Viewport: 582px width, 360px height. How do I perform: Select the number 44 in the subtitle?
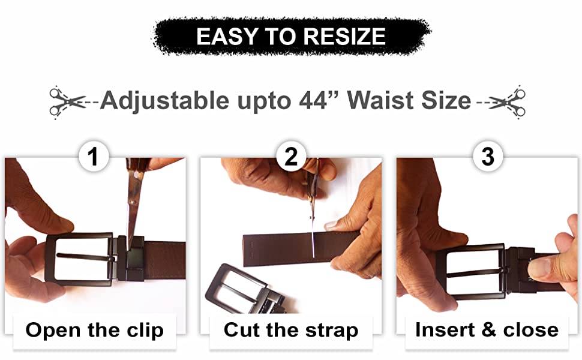pyautogui.click(x=313, y=100)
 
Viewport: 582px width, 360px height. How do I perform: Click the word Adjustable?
pyautogui.click(x=164, y=101)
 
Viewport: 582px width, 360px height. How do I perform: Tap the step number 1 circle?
pyautogui.click(x=94, y=156)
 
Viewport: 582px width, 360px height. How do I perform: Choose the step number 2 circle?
pyautogui.click(x=291, y=156)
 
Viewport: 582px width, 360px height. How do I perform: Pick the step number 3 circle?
pyautogui.click(x=488, y=156)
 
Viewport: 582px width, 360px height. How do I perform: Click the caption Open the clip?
pyautogui.click(x=94, y=330)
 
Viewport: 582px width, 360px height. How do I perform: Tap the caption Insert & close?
pyautogui.click(x=487, y=329)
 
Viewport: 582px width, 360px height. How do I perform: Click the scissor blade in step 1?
pyautogui.click(x=134, y=208)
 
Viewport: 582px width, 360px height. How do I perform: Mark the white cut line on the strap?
pyautogui.click(x=313, y=243)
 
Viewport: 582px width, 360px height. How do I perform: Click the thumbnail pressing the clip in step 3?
pyautogui.click(x=540, y=269)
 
